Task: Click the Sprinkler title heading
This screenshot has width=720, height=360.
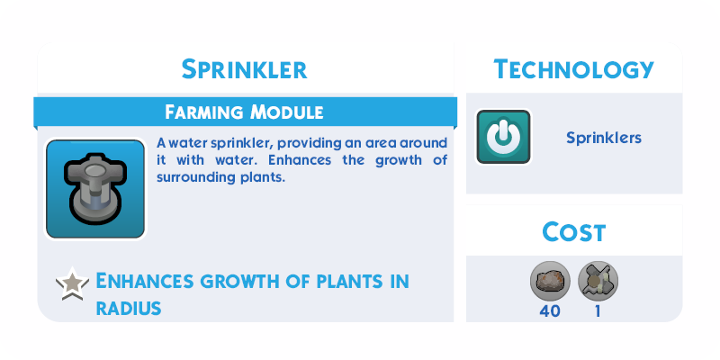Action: tap(244, 70)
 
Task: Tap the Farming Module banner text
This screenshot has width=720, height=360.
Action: tap(244, 112)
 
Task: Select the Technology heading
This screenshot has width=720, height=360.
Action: tap(573, 70)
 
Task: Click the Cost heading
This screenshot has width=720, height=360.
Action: tap(574, 232)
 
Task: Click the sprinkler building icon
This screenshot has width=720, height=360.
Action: tap(95, 189)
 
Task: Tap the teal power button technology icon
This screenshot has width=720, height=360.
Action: tap(503, 137)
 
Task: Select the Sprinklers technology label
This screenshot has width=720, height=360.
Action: tap(604, 138)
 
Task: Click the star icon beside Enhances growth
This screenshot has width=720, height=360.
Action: tap(73, 283)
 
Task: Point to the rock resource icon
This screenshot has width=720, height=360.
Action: tap(550, 281)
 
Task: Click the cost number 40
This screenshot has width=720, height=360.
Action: tap(550, 311)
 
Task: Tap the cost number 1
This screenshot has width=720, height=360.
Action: tap(598, 311)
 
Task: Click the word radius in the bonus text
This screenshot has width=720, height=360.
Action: tap(129, 308)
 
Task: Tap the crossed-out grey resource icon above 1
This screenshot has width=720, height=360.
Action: tap(598, 281)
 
